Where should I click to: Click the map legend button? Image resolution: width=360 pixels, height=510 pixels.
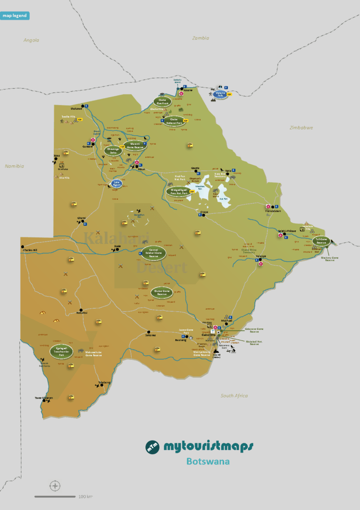pos(15,15)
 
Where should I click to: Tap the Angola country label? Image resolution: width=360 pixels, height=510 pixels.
pos(31,40)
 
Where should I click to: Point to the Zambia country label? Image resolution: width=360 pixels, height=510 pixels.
pos(201,38)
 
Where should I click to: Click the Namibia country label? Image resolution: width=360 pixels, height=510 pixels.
pos(14,166)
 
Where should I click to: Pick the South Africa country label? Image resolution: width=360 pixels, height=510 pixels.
pos(234,396)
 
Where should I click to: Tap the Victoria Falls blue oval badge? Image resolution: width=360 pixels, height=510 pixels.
pos(220,94)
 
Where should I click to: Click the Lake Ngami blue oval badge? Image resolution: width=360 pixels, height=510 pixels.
pos(116,184)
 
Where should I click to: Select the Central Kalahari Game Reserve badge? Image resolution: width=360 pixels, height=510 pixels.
pos(153,253)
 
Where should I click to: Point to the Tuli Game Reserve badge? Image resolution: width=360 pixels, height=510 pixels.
pos(321,241)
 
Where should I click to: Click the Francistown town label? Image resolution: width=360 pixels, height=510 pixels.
pos(271,211)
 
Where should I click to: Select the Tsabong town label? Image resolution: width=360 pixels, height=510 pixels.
pos(104,382)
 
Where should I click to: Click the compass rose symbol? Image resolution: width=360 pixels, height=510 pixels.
pos(55,486)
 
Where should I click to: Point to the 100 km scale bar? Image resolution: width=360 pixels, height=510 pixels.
pos(55,496)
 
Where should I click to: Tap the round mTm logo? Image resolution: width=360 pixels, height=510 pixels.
pos(152,447)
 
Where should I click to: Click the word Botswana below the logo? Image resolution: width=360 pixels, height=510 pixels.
pos(208,461)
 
